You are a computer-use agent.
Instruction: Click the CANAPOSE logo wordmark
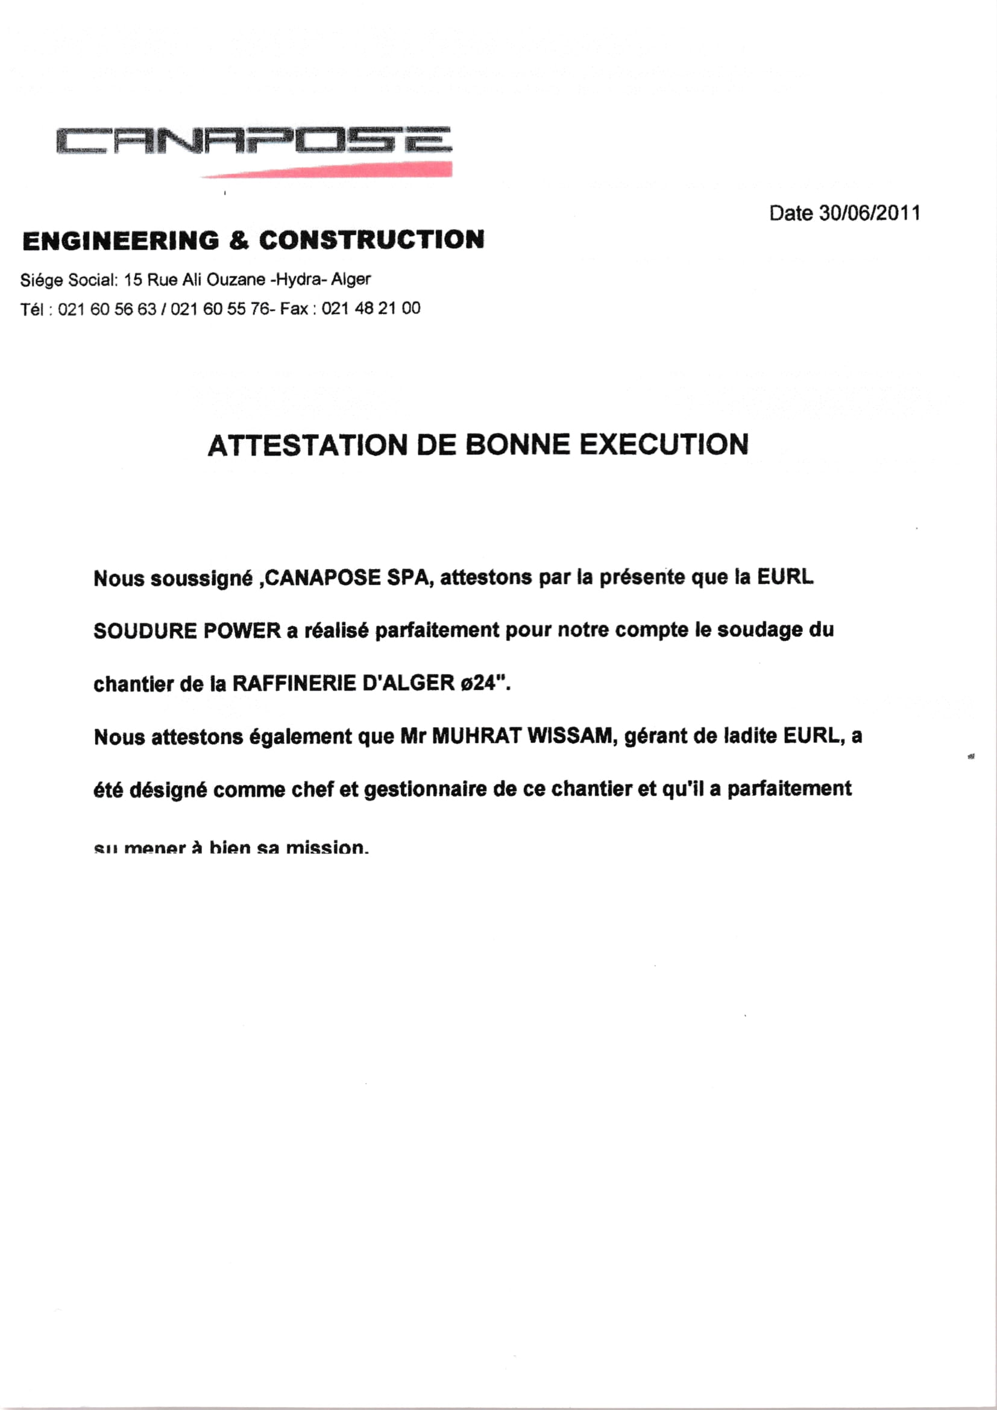pos(254,140)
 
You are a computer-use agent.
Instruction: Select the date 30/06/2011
pos(870,213)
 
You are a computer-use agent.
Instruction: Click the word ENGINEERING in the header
pos(121,240)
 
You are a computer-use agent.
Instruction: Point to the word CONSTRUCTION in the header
pos(371,239)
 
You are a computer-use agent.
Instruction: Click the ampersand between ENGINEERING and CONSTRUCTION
pos(239,240)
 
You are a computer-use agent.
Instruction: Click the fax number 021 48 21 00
pos(371,308)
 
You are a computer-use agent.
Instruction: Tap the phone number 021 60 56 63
pos(107,309)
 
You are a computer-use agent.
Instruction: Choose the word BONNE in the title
pos(518,445)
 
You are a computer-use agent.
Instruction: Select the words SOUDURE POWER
pos(187,631)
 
